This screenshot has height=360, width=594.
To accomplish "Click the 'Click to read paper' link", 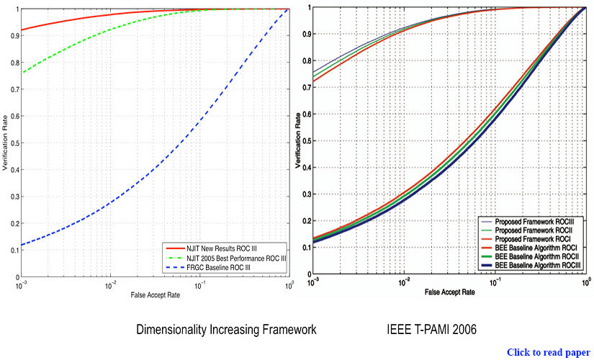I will click(x=548, y=352).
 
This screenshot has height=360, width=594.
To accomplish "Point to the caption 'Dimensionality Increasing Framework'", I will click(x=226, y=330).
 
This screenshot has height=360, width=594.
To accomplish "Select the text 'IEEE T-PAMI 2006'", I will click(x=431, y=330).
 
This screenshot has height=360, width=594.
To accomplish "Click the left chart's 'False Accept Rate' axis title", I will click(x=155, y=296).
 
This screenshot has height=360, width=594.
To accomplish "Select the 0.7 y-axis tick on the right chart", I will click(x=307, y=89).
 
